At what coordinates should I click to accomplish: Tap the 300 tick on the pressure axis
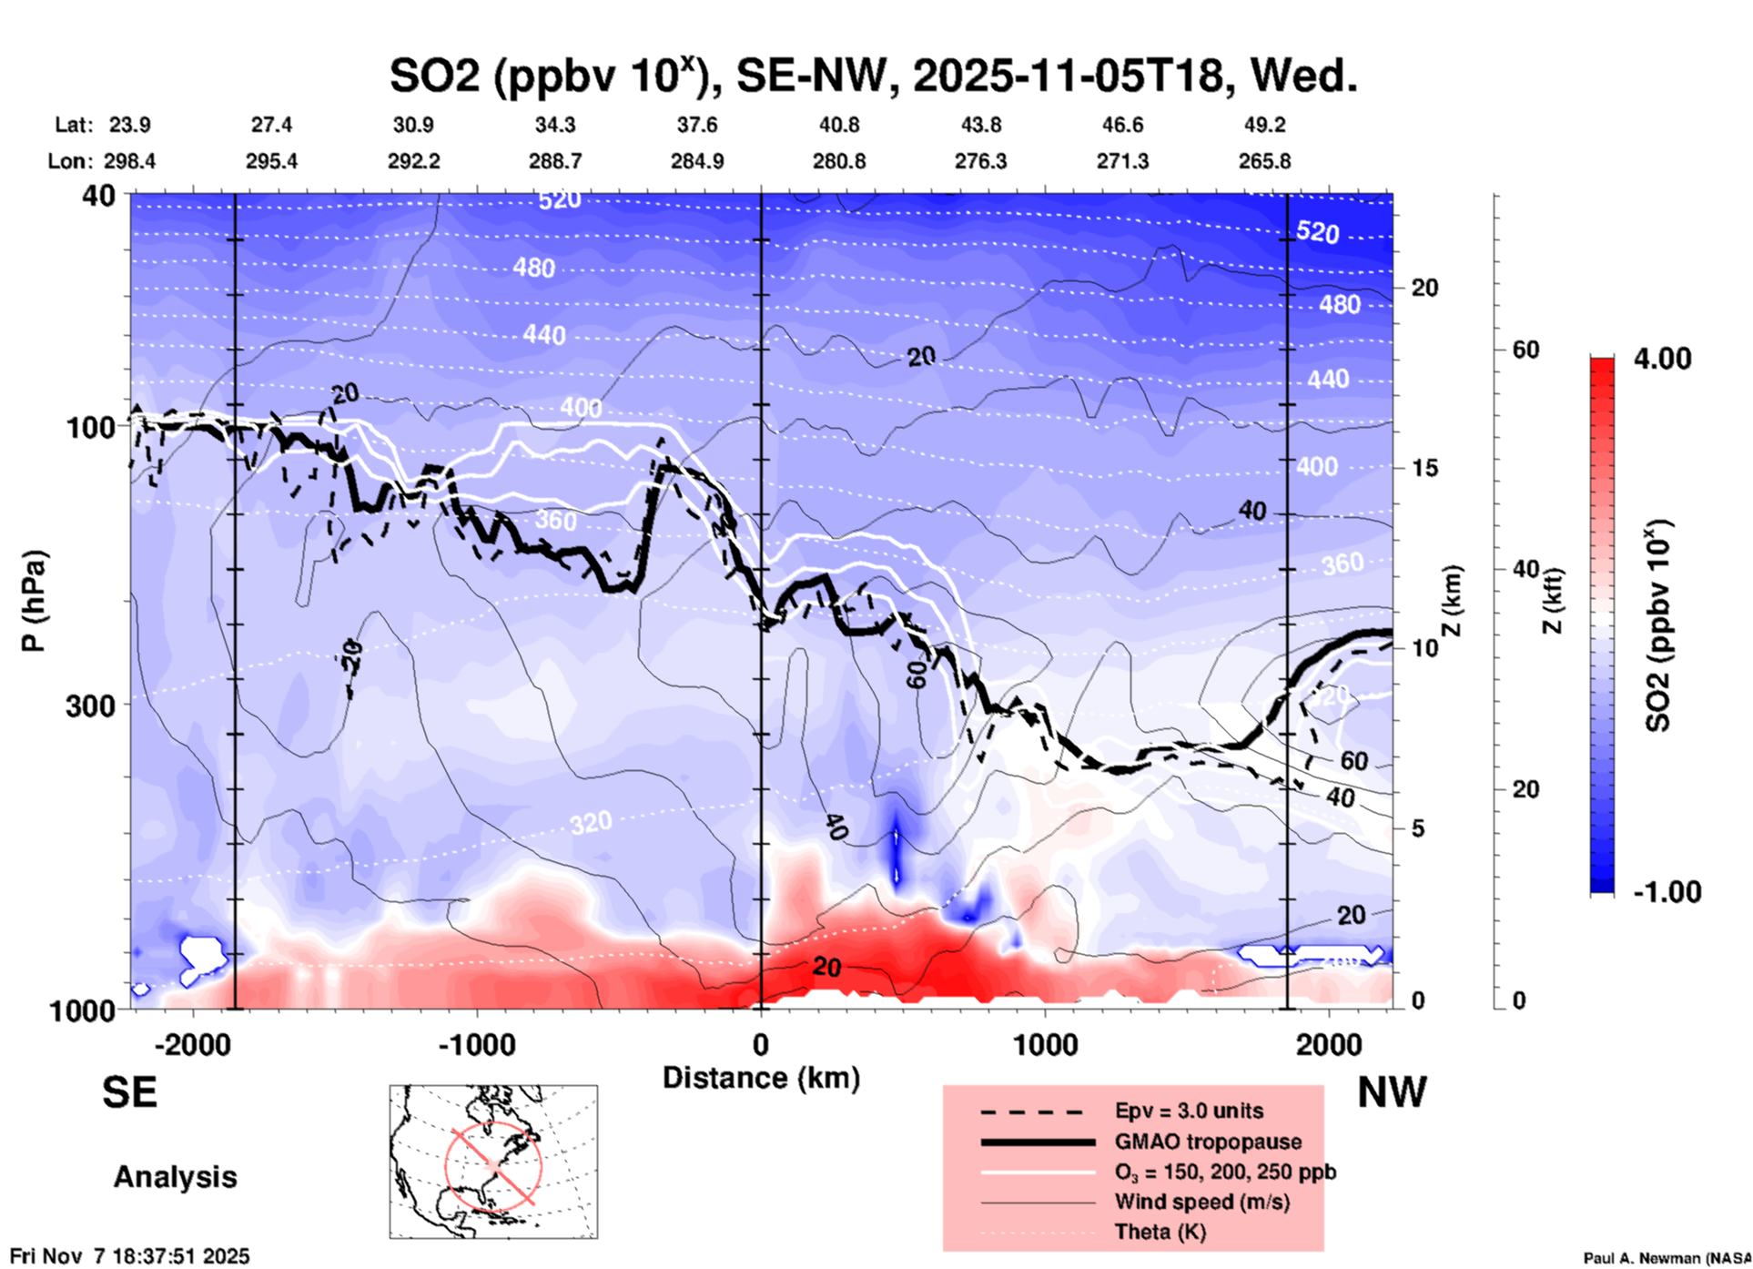91,706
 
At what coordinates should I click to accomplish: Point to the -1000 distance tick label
477,1045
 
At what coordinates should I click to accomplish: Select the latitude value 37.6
697,125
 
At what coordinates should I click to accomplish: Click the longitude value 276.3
980,161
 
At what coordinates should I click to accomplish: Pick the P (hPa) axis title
34,601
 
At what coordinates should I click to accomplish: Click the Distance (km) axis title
761,1078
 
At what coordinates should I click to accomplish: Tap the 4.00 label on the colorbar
1662,359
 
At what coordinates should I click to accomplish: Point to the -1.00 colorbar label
1667,891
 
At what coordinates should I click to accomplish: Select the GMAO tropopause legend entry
1208,1142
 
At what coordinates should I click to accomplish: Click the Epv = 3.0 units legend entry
1189,1112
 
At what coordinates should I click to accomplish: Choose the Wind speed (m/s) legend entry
1201,1202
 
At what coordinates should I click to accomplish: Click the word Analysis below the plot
175,1177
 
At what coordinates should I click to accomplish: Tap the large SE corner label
129,1092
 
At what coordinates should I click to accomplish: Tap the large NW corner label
1392,1092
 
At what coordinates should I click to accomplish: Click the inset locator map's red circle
493,1165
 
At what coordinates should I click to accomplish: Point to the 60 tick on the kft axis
1525,350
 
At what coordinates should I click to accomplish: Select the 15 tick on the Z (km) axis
1424,468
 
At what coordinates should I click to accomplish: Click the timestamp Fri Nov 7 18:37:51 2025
129,1256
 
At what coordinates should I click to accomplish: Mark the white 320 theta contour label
591,824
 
